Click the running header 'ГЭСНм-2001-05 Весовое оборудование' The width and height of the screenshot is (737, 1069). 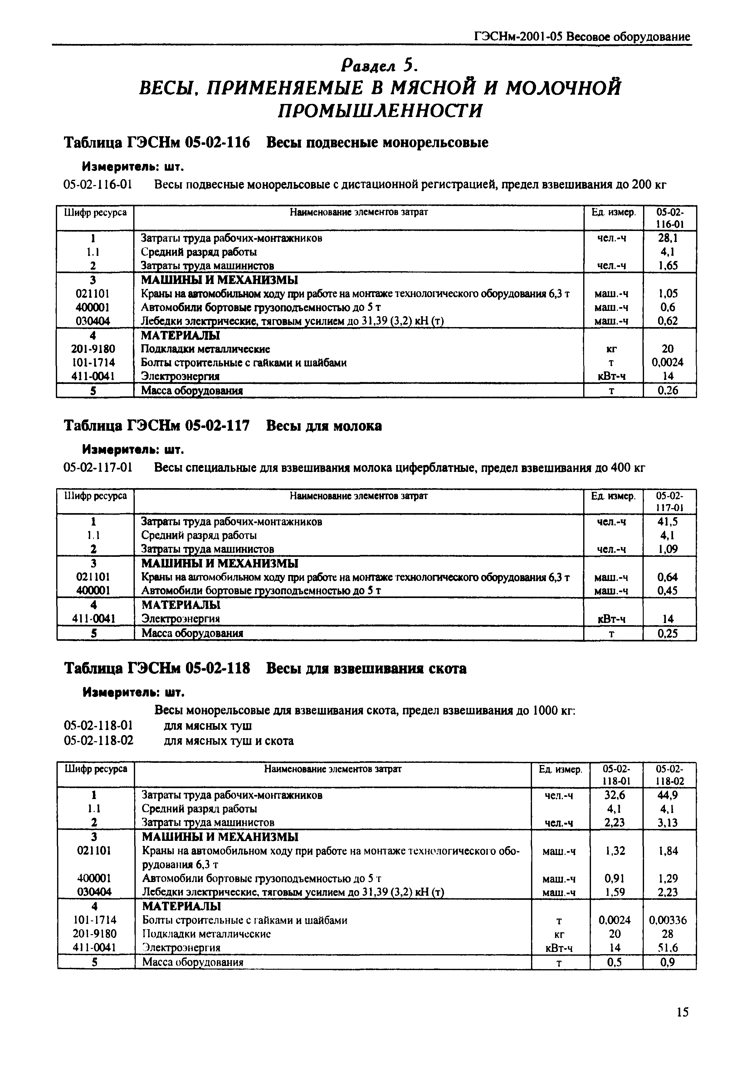pyautogui.click(x=582, y=37)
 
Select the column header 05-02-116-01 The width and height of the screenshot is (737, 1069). pyautogui.click(x=670, y=218)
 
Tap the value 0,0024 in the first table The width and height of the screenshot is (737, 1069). pyautogui.click(x=667, y=363)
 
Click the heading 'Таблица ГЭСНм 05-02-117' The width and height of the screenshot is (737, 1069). pyautogui.click(x=156, y=425)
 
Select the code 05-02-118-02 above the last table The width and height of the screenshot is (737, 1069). pyautogui.click(x=98, y=741)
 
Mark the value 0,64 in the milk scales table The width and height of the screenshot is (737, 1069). pyautogui.click(x=667, y=577)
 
